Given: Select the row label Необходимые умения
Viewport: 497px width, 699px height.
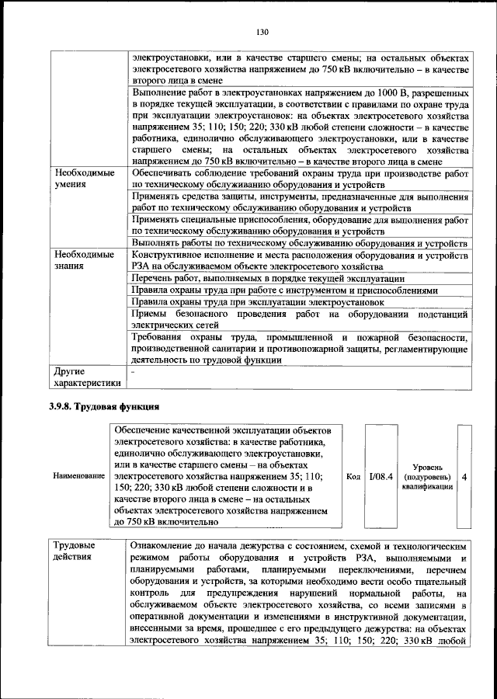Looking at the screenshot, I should click(83, 180).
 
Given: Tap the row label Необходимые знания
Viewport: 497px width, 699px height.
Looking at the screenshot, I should click(83, 260).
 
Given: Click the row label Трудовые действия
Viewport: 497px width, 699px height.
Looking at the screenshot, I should click(75, 550).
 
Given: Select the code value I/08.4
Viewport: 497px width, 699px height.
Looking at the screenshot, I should click(381, 475).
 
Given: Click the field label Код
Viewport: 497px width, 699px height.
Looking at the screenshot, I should click(353, 475).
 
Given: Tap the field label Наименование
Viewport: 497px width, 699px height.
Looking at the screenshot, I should click(79, 475).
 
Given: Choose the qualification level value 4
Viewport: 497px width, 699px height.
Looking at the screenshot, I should click(464, 475).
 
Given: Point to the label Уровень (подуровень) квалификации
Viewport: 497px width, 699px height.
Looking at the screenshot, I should click(428, 475).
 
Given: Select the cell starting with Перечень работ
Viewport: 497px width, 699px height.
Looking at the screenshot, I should click(267, 278).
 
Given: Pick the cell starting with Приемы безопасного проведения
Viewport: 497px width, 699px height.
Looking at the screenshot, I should click(299, 319).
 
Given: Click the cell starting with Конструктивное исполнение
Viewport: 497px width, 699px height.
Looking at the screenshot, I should click(299, 260).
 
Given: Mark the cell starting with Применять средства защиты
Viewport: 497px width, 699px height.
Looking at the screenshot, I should click(299, 203).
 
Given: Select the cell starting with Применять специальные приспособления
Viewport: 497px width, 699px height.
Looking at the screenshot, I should click(299, 225).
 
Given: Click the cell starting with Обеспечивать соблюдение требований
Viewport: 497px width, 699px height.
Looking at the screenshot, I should click(299, 180).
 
